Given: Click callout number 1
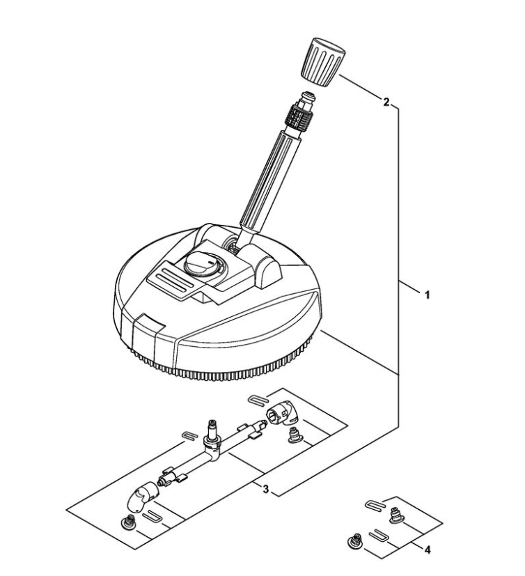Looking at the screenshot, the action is [427, 295].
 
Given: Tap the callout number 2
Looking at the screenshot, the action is [386, 102].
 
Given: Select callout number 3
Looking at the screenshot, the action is [265, 490].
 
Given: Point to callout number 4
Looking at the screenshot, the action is [427, 550].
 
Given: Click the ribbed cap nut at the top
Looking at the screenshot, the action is [324, 62].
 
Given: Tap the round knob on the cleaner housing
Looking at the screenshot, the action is [202, 263].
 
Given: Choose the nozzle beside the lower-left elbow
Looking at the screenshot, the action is [127, 522].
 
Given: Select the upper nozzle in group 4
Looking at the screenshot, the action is [396, 515].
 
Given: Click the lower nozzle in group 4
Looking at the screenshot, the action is [354, 541].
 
